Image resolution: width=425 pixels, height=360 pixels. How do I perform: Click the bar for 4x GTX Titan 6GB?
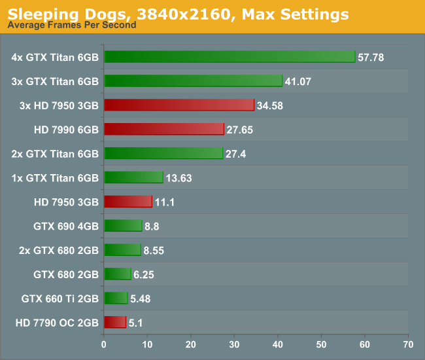click(x=229, y=57)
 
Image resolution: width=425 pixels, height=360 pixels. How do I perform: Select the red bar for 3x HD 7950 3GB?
click(x=178, y=105)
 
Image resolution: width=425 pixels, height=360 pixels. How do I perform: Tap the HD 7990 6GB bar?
click(x=163, y=129)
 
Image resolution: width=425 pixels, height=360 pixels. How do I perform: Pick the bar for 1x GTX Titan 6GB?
click(x=133, y=177)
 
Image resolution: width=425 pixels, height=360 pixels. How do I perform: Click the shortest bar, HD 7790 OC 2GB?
click(x=114, y=322)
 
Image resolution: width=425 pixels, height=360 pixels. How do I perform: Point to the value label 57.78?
click(x=370, y=58)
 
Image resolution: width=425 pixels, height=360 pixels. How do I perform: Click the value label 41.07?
click(x=297, y=81)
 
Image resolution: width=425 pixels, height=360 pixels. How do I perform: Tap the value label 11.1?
click(x=165, y=202)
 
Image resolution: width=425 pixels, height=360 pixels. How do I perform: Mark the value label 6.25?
click(x=144, y=275)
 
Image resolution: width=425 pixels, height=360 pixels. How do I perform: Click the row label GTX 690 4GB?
click(x=65, y=226)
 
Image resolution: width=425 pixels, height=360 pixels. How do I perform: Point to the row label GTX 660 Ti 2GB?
click(x=59, y=298)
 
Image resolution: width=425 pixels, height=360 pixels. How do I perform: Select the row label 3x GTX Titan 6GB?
click(x=55, y=81)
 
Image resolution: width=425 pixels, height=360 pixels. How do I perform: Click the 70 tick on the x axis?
click(x=408, y=344)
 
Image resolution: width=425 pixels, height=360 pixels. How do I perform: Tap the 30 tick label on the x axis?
click(x=234, y=344)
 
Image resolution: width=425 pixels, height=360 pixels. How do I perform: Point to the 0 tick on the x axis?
click(x=103, y=344)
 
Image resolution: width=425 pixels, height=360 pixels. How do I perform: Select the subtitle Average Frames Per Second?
click(x=72, y=25)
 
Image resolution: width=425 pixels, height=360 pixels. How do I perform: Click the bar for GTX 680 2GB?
click(x=117, y=274)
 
